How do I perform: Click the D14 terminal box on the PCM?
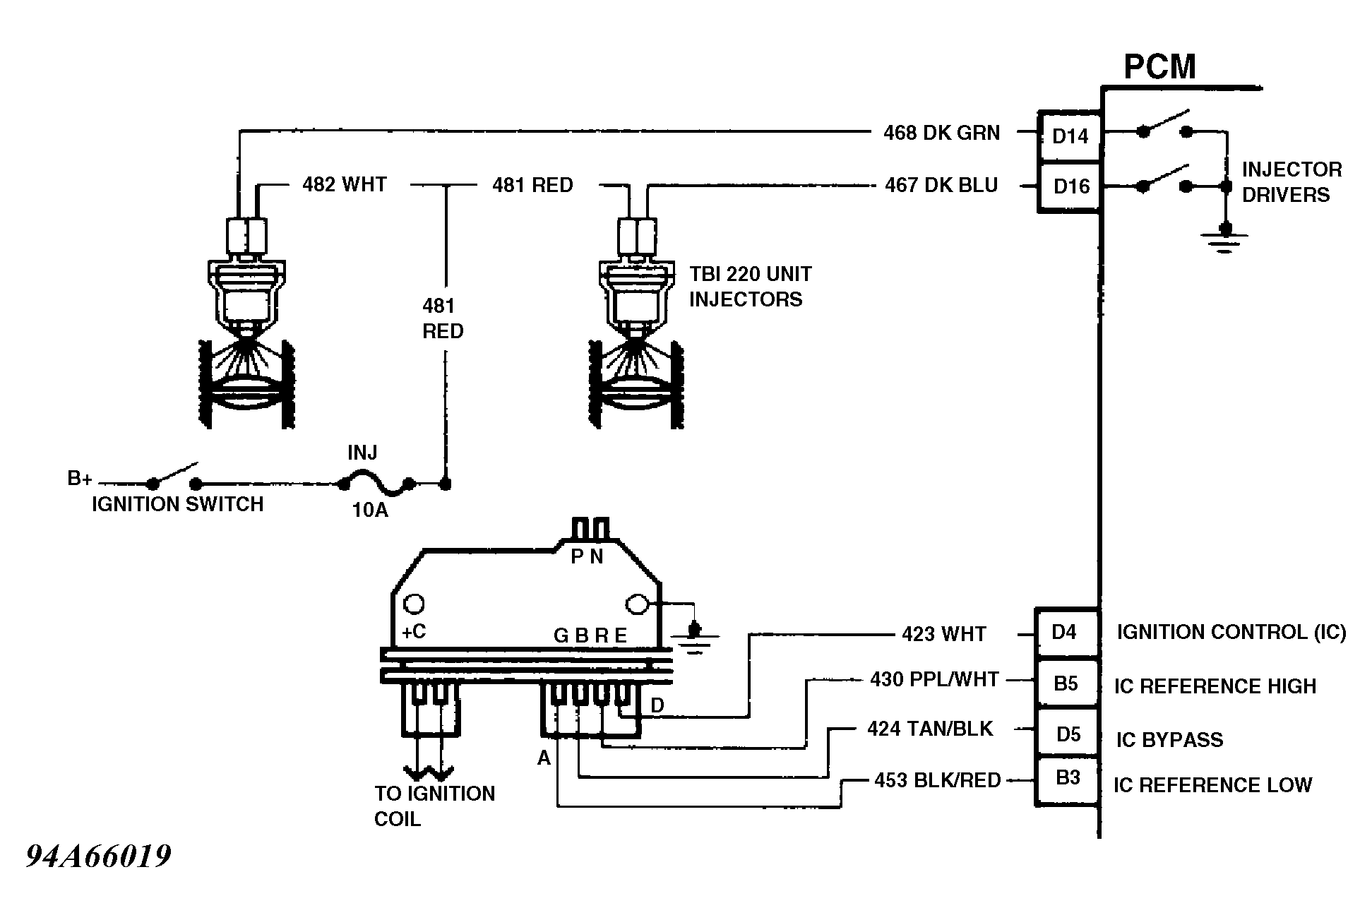click(x=1070, y=136)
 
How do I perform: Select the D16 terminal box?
click(x=1070, y=186)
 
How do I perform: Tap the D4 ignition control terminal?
click(x=1067, y=633)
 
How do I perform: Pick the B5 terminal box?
click(x=1067, y=683)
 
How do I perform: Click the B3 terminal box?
click(x=1067, y=780)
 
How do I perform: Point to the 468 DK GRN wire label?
click(x=941, y=133)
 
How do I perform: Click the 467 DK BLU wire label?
click(x=941, y=185)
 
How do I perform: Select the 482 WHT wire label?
click(x=345, y=184)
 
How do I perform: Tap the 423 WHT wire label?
click(x=943, y=634)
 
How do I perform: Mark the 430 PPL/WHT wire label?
click(x=934, y=679)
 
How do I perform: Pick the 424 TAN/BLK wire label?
click(x=930, y=729)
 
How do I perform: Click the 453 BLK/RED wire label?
click(x=938, y=780)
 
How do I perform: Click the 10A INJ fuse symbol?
click(x=376, y=484)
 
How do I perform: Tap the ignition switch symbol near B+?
click(x=174, y=478)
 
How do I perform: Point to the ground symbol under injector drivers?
click(x=1225, y=239)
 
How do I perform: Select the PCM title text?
click(x=1159, y=67)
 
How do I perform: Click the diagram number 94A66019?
click(x=99, y=857)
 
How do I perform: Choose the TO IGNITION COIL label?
click(x=434, y=806)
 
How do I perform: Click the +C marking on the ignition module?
click(x=413, y=631)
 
